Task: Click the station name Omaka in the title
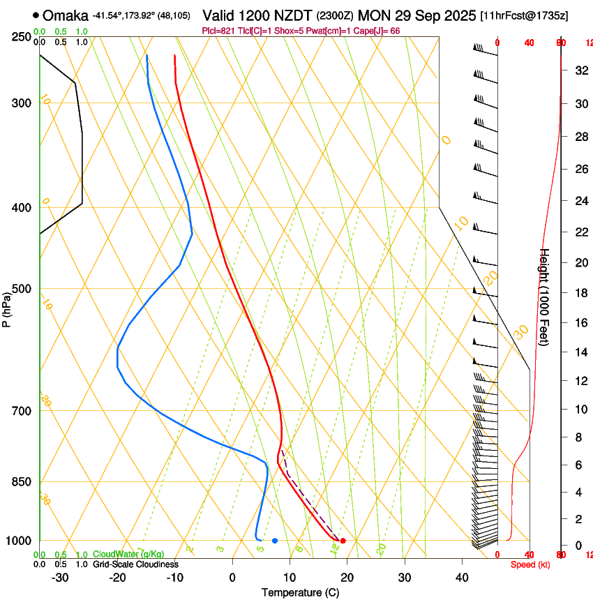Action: [x=65, y=15]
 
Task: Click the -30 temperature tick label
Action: [x=60, y=578]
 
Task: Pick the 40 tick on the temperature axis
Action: [x=461, y=578]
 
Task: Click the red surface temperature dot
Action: [x=343, y=541]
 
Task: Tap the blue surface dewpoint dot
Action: [x=275, y=541]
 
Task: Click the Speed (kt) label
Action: [x=530, y=564]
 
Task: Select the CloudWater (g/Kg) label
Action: [x=128, y=555]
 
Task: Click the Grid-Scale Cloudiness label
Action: [x=135, y=564]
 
